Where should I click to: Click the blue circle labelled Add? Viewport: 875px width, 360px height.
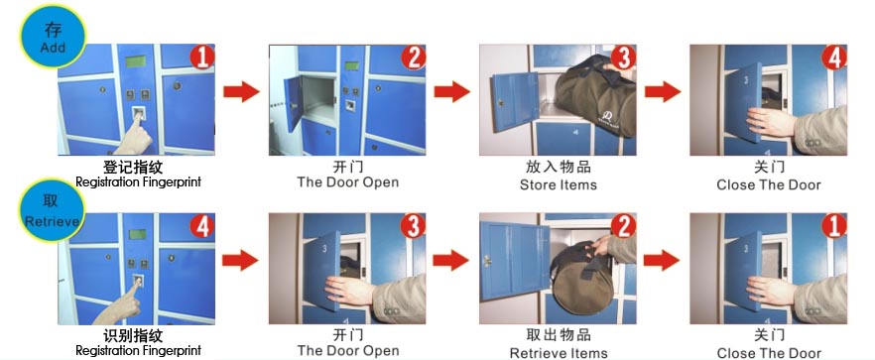coord(53,37)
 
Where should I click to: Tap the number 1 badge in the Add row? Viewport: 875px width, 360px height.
coord(202,57)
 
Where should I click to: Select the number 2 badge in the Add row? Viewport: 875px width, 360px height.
coord(414,57)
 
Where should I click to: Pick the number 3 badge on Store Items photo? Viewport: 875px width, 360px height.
coord(623,57)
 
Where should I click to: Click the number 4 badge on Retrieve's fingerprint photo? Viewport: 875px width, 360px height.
coord(202,226)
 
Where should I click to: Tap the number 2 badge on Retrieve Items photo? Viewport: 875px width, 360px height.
coord(623,225)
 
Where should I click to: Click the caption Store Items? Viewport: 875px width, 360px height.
coord(558,184)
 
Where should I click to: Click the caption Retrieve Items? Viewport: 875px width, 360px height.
coord(558,353)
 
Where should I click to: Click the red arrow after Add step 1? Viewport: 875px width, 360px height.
coord(242,91)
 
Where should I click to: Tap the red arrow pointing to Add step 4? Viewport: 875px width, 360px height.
coord(663,91)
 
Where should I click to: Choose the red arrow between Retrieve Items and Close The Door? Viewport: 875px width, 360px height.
coord(662,260)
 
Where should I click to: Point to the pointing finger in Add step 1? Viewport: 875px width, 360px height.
coord(134,135)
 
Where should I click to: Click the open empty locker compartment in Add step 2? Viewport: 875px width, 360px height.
coord(318,95)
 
